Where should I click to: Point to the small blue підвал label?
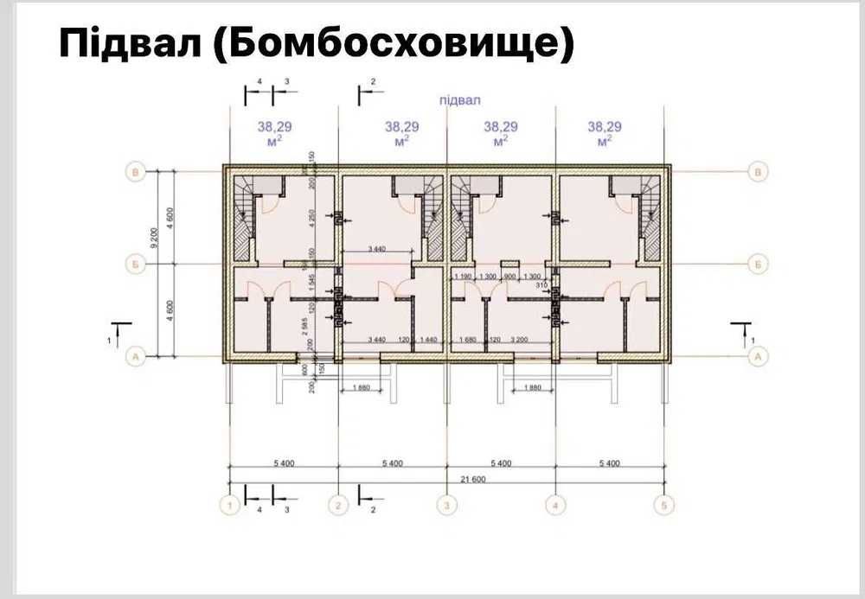pyautogui.click(x=458, y=100)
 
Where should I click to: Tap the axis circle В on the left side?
pyautogui.click(x=135, y=172)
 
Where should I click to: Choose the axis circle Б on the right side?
pyautogui.click(x=759, y=262)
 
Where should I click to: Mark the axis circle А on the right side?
pyautogui.click(x=759, y=355)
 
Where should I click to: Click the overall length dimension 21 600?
pyautogui.click(x=446, y=479)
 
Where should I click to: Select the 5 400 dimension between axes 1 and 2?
pyautogui.click(x=283, y=463)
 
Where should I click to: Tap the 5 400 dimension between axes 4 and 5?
pyautogui.click(x=609, y=463)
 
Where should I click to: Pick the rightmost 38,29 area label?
pyautogui.click(x=605, y=126)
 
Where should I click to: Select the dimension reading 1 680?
pyautogui.click(x=468, y=340)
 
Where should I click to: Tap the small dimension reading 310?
pyautogui.click(x=542, y=284)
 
